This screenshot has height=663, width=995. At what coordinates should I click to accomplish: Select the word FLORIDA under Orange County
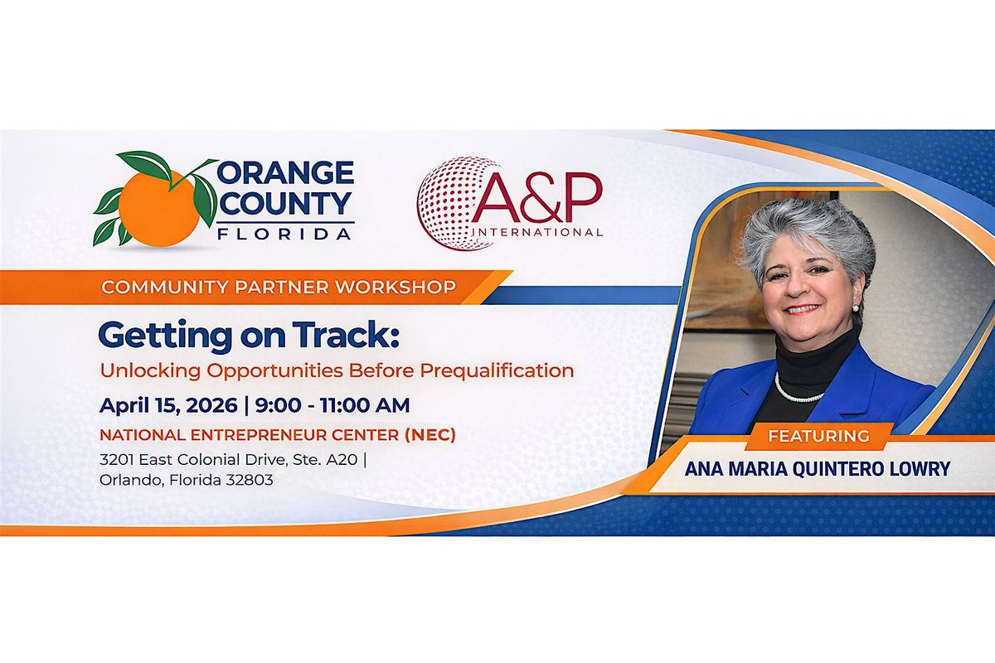click(x=284, y=234)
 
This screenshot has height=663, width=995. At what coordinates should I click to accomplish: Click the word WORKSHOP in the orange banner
click(x=396, y=288)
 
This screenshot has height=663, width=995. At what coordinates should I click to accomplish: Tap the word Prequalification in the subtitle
click(x=497, y=370)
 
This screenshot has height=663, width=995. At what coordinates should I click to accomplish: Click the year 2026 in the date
click(x=211, y=405)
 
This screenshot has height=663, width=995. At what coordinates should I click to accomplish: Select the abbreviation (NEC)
click(x=430, y=435)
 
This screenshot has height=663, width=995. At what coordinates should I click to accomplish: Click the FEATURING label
click(x=818, y=436)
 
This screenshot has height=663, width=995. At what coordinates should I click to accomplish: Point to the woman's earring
click(x=855, y=307)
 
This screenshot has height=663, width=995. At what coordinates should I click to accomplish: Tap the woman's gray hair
click(x=805, y=235)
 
